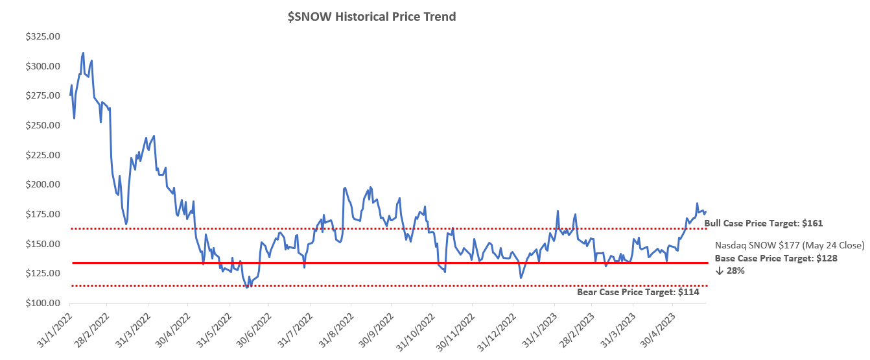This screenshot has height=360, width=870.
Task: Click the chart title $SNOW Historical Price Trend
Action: (372, 17)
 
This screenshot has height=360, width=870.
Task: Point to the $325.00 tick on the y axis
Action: (42, 36)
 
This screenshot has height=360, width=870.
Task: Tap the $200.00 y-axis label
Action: (42, 184)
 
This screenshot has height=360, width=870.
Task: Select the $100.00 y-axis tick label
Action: (42, 303)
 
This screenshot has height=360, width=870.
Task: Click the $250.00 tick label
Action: (42, 125)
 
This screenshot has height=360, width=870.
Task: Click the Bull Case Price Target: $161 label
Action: (763, 223)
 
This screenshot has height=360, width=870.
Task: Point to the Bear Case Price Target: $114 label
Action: (638, 293)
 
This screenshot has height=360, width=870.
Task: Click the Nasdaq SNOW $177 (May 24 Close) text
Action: (789, 245)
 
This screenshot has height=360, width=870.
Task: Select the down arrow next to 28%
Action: (719, 270)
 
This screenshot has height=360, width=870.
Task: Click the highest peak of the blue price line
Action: (83, 53)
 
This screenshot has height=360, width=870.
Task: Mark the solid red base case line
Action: (389, 263)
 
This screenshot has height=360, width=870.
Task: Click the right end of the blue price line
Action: (705, 211)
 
